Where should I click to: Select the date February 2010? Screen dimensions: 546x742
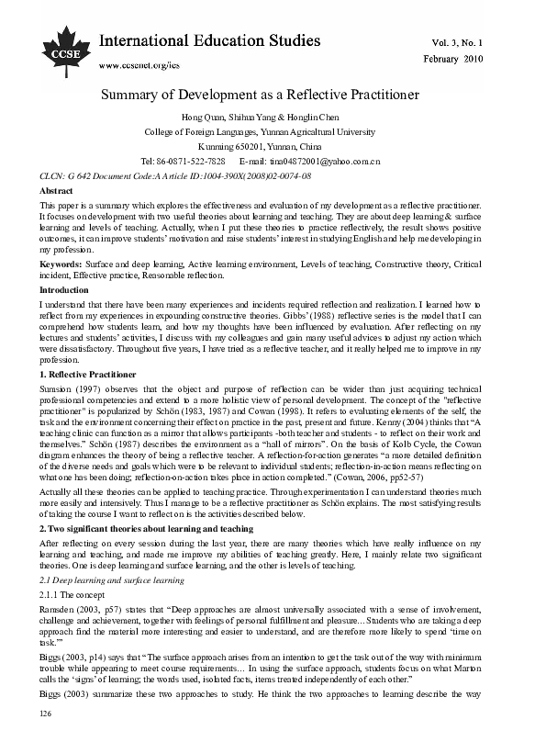click(478, 58)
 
